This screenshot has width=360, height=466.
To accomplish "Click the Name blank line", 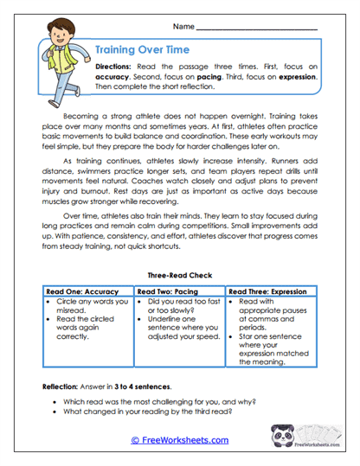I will (x=256, y=28).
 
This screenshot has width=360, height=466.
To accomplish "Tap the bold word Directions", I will (x=114, y=66).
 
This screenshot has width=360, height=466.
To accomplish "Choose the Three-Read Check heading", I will (x=179, y=276).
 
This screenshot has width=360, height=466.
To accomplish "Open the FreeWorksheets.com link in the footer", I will (x=179, y=440).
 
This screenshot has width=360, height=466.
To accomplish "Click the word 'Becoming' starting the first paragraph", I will (x=82, y=114).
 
